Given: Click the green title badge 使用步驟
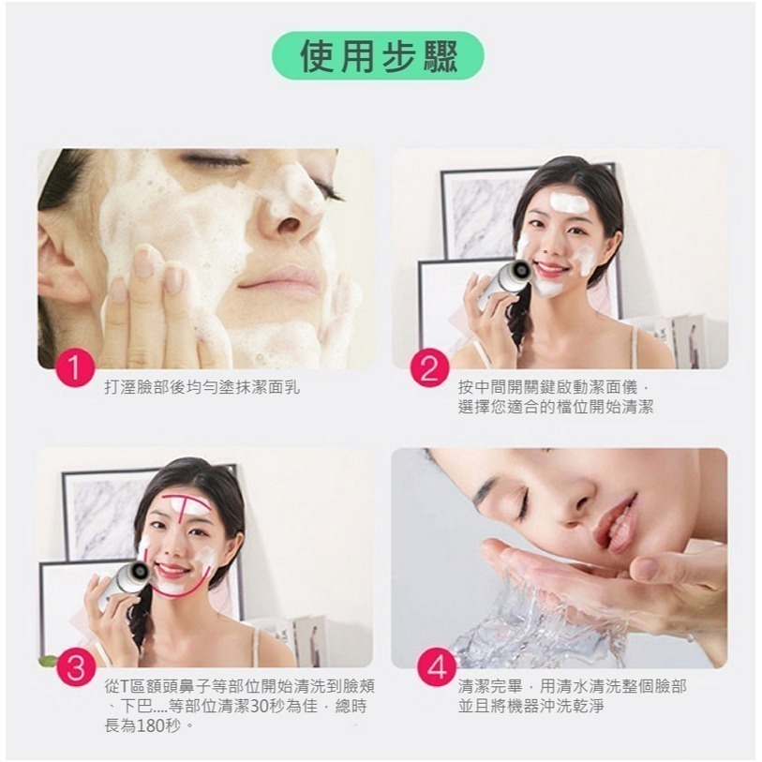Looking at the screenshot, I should point(379,56).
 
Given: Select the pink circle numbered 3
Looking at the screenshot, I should point(76,668).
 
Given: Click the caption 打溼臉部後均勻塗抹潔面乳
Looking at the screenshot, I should point(202,386).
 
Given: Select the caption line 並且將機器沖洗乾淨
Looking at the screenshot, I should point(530,706).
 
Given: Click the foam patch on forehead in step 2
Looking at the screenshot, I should point(567,202).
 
